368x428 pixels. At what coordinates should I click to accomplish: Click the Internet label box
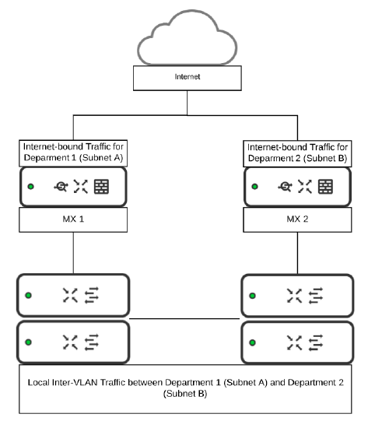coord(183,78)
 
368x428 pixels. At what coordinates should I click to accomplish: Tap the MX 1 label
coord(73,220)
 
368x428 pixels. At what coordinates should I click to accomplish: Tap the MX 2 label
coord(296,220)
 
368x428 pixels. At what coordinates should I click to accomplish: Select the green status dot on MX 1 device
coord(30,187)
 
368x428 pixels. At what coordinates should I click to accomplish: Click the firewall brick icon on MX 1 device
coord(101,187)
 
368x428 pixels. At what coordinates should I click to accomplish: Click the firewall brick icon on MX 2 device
coord(326,187)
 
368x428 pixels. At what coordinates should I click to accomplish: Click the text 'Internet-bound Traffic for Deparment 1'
coord(73,151)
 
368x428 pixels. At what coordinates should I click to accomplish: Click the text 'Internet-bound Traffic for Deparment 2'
coord(296,151)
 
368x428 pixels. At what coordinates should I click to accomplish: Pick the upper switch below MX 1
coord(73,296)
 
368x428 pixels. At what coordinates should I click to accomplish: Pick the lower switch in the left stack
coord(73,341)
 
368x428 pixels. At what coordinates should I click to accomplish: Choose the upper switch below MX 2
coord(296,296)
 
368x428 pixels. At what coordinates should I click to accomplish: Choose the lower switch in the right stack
coord(296,341)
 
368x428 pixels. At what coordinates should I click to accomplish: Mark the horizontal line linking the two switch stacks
coord(184,318)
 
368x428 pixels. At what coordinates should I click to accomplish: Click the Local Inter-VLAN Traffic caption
coord(184,389)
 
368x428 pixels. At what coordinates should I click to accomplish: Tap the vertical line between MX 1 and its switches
coord(73,253)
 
